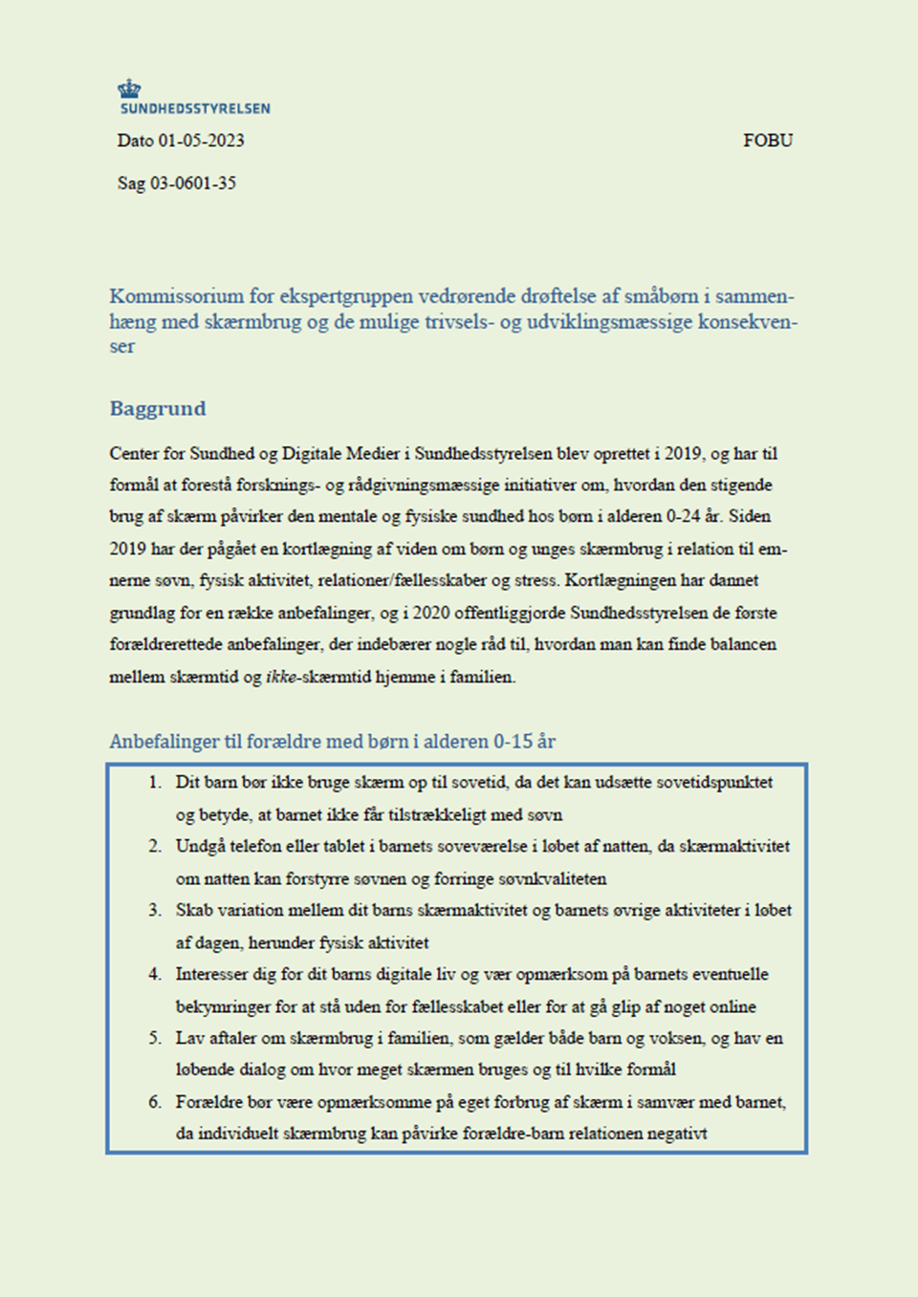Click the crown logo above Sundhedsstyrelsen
(129, 89)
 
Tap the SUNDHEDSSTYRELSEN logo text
(195, 109)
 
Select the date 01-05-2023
(201, 141)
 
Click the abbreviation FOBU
(768, 141)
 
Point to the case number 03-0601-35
(193, 184)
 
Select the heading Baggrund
(158, 409)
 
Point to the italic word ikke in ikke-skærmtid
(280, 677)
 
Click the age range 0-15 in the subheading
(513, 742)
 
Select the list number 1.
(154, 782)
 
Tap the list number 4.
(154, 974)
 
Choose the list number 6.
(154, 1102)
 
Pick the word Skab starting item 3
(193, 910)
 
